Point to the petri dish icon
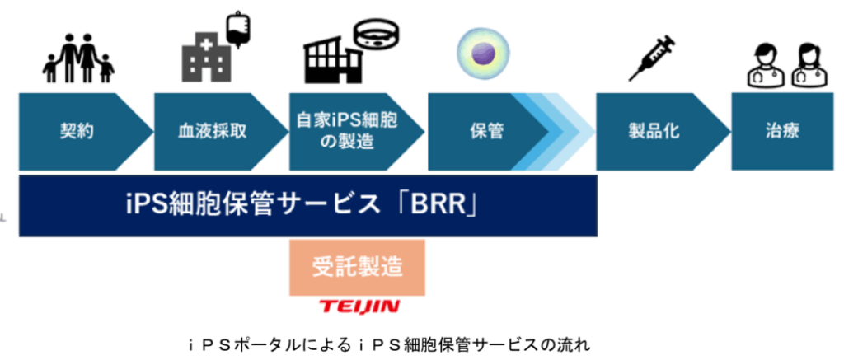378,35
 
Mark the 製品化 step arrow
651,131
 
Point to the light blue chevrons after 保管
569,131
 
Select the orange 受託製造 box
357,267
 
